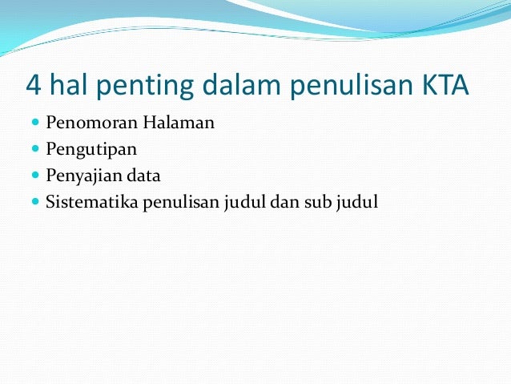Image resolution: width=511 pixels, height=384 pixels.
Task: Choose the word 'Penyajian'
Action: pyautogui.click(x=83, y=176)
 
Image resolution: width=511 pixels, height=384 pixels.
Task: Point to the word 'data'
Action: pyautogui.click(x=144, y=175)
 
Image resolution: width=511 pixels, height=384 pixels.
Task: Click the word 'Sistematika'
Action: pyautogui.click(x=93, y=200)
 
